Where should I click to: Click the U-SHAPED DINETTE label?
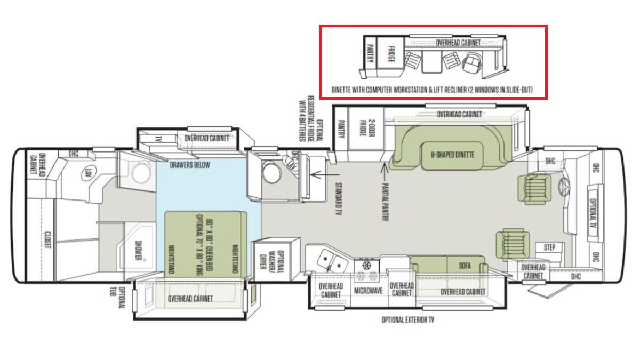pyautogui.click(x=452, y=155)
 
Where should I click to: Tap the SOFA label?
pyautogui.click(x=465, y=266)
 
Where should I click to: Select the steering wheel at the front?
pyautogui.click(x=564, y=187)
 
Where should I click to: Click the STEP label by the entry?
pyautogui.click(x=549, y=247)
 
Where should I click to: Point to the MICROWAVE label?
pyautogui.click(x=368, y=291)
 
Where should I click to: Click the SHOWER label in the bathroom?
pyautogui.click(x=138, y=250)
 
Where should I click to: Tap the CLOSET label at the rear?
pyautogui.click(x=47, y=239)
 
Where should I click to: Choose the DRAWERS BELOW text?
pyautogui.click(x=190, y=165)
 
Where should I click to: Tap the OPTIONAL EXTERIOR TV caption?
pyautogui.click(x=407, y=319)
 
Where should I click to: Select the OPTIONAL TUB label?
pyautogui.click(x=118, y=298)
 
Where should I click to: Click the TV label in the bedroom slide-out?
pyautogui.click(x=158, y=139)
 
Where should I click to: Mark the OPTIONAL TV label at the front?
pyautogui.click(x=593, y=213)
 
